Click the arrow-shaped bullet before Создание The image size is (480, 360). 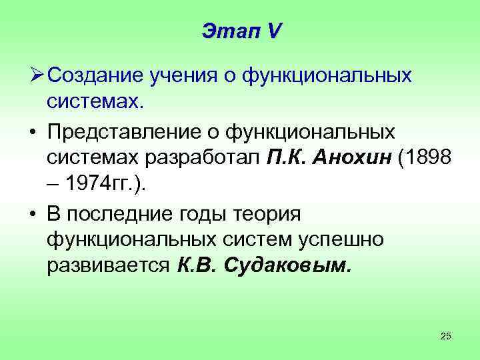(x=35, y=76)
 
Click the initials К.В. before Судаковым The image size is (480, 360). (x=198, y=267)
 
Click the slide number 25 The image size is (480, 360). (x=446, y=336)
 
